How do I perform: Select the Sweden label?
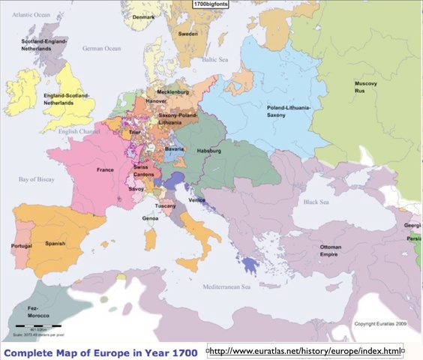tap(188, 34)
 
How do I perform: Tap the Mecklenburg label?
tap(172, 92)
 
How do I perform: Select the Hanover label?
tap(156, 100)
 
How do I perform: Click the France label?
tap(105, 170)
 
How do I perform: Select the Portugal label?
tap(22, 246)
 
